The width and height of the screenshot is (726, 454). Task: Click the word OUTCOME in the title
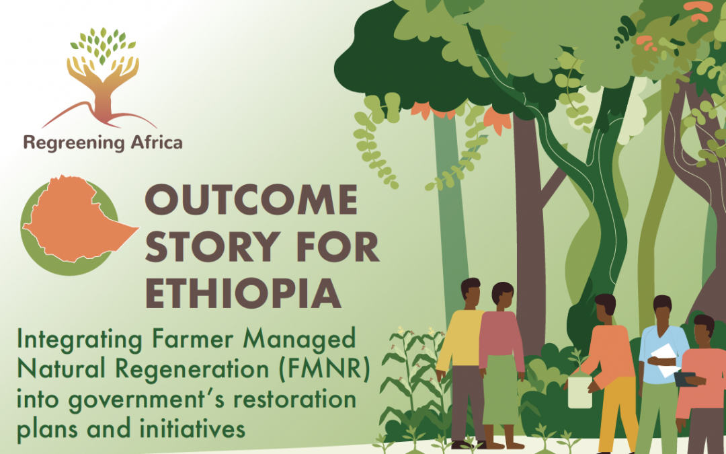pyautogui.click(x=251, y=200)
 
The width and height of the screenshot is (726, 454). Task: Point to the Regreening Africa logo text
pyautogui.click(x=103, y=143)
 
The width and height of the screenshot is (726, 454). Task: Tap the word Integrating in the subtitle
pyautogui.click(x=79, y=340)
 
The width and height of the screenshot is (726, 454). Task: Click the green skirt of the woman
pyautogui.click(x=501, y=389)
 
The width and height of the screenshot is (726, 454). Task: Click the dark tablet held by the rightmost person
pyautogui.click(x=685, y=379)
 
